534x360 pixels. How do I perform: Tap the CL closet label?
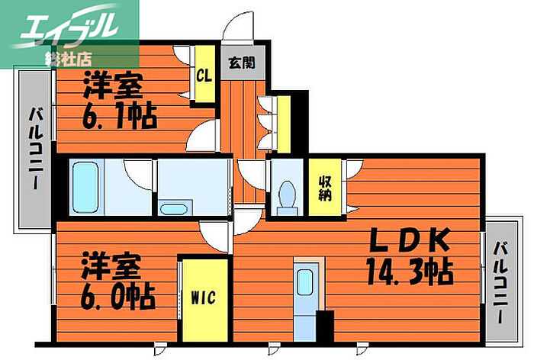click(x=204, y=76)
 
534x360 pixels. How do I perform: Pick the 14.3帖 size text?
click(x=410, y=272)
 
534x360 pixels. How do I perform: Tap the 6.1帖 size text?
click(x=119, y=117)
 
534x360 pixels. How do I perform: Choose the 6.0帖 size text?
click(x=117, y=294)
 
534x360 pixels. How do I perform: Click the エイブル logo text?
click(x=64, y=28)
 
